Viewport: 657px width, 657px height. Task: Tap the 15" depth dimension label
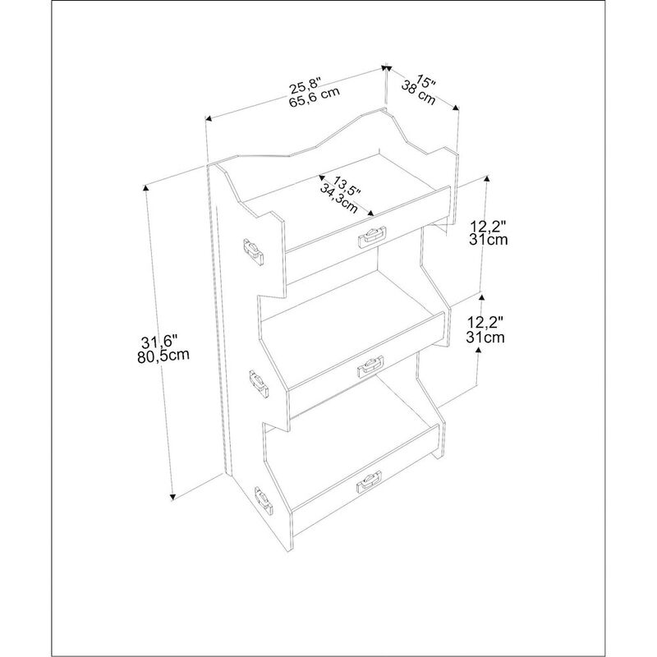[x=425, y=82]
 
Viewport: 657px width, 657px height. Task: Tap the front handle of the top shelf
[x=370, y=237]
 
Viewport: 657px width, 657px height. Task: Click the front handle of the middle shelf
[x=370, y=368]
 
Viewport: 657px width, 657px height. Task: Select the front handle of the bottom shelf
[x=369, y=482]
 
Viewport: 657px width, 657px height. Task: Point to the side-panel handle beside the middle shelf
[x=258, y=382]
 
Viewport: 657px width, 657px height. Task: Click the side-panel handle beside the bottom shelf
[x=264, y=500]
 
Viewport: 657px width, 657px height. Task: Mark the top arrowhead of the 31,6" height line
[x=147, y=188]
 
